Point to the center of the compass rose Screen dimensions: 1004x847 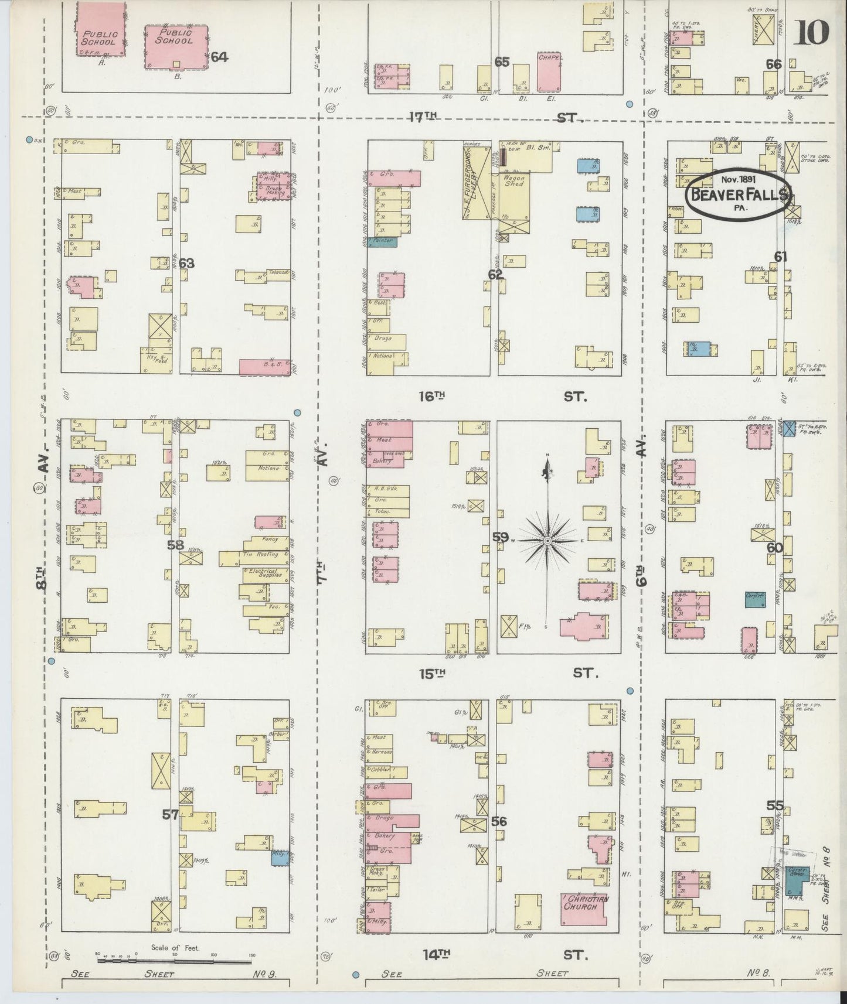(547, 540)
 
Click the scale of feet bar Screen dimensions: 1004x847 (174, 961)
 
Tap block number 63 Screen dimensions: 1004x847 (186, 264)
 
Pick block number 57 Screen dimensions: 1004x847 (170, 814)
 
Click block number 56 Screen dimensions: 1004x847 (499, 821)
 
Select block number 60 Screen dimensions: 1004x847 (774, 548)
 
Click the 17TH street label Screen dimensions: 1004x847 (424, 118)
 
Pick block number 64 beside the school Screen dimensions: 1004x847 (219, 57)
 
